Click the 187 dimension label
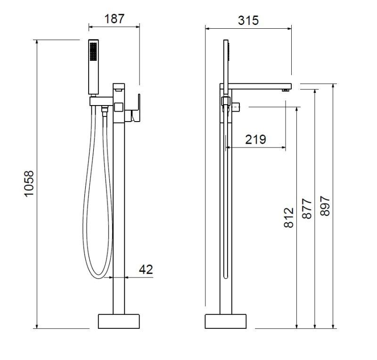tap(115, 19)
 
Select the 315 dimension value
tap(248, 20)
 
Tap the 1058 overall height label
tap(29, 184)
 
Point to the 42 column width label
tap(146, 270)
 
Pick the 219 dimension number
tap(255, 139)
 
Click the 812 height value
tap(289, 218)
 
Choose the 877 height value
tap(307, 208)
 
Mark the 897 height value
tap(325, 206)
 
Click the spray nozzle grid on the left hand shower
tap(93, 51)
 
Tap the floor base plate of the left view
tap(119, 321)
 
